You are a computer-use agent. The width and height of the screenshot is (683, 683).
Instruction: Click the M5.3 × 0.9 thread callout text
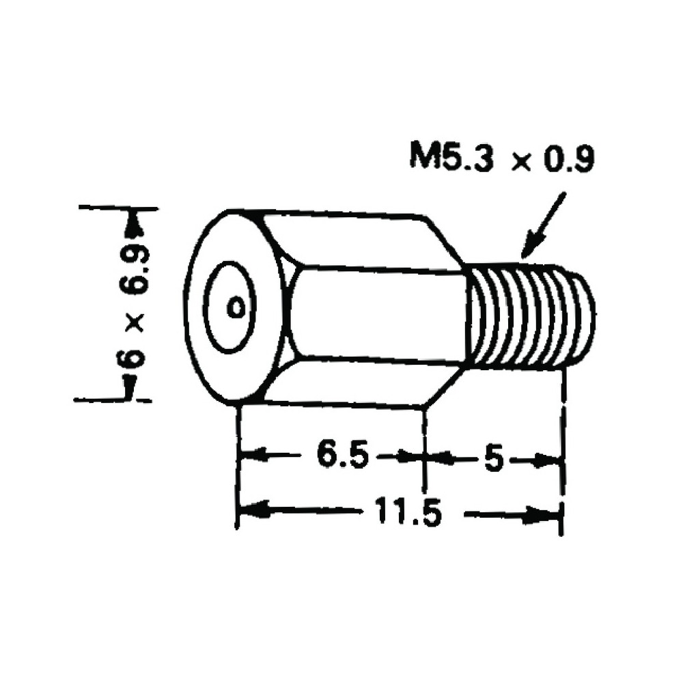coord(502,159)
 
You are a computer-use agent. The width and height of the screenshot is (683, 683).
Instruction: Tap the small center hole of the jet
coord(236,307)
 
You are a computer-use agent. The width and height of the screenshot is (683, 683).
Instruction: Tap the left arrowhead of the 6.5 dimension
coord(249,454)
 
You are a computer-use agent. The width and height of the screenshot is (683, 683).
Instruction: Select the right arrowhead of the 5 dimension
coord(554,461)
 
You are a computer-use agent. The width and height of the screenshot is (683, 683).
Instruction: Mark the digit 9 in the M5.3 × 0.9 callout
coord(583,160)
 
